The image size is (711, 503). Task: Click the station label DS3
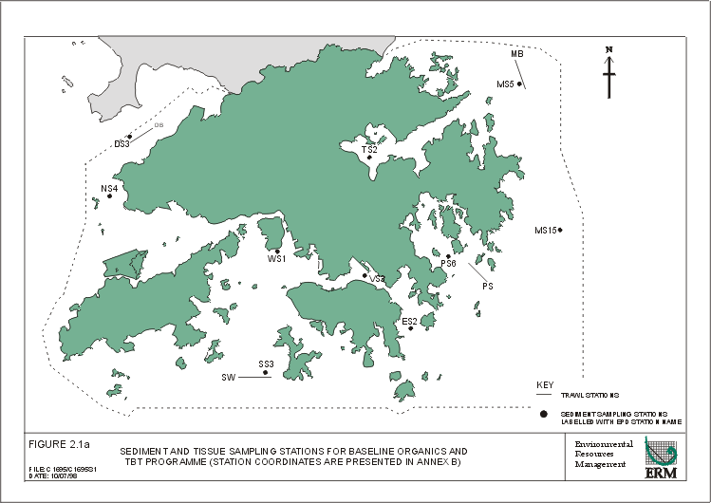point(122,144)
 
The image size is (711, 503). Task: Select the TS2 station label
point(369,149)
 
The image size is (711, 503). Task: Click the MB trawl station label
point(517,54)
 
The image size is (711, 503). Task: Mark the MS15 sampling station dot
point(561,230)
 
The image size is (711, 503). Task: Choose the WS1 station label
point(276,258)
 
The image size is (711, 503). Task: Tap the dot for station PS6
point(448,255)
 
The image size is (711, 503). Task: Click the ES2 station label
point(409,321)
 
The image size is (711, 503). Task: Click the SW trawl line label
point(228,377)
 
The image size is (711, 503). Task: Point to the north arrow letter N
point(609,49)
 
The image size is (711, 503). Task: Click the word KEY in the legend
point(545,384)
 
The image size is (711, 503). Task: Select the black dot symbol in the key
point(544,415)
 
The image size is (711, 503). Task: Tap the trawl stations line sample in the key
point(544,395)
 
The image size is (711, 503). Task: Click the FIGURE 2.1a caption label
point(58,444)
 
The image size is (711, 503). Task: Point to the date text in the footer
point(51,476)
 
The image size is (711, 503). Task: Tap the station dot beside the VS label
point(365,275)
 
